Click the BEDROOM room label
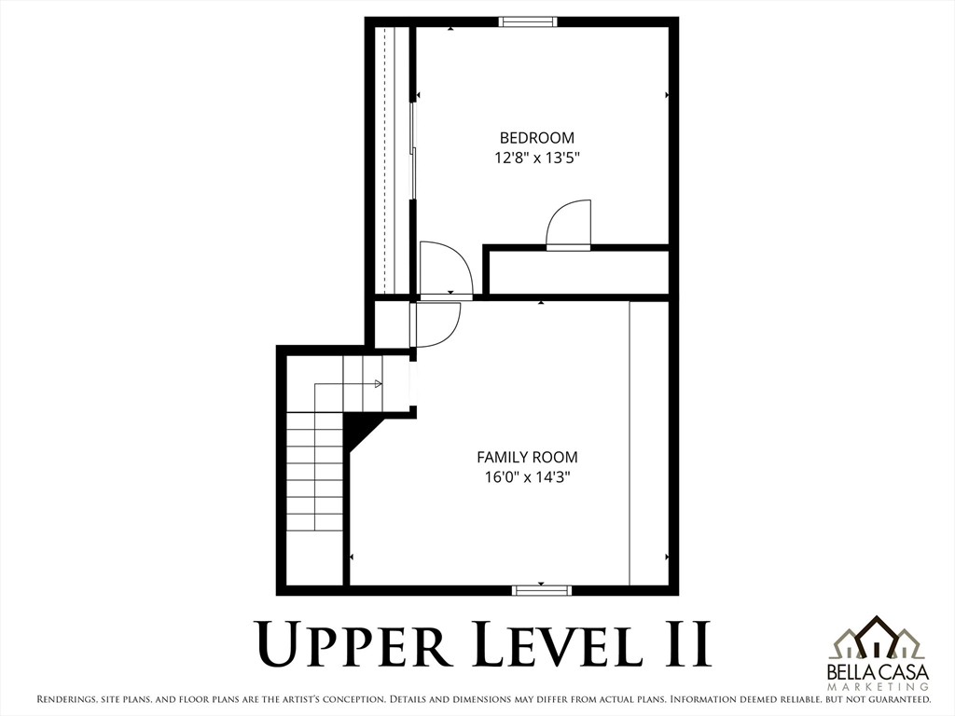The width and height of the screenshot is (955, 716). click(536, 138)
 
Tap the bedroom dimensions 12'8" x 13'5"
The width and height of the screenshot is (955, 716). click(536, 158)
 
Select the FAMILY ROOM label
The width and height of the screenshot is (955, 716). click(527, 457)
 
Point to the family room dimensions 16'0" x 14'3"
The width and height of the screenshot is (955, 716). click(527, 477)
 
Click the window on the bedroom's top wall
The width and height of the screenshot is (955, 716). click(528, 22)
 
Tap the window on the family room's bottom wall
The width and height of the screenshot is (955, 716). click(542, 590)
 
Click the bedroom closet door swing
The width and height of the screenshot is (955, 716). click(569, 225)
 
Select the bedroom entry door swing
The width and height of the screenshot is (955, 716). click(446, 269)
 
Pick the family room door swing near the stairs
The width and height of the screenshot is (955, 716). click(436, 324)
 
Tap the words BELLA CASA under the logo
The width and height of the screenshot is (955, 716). click(879, 673)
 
